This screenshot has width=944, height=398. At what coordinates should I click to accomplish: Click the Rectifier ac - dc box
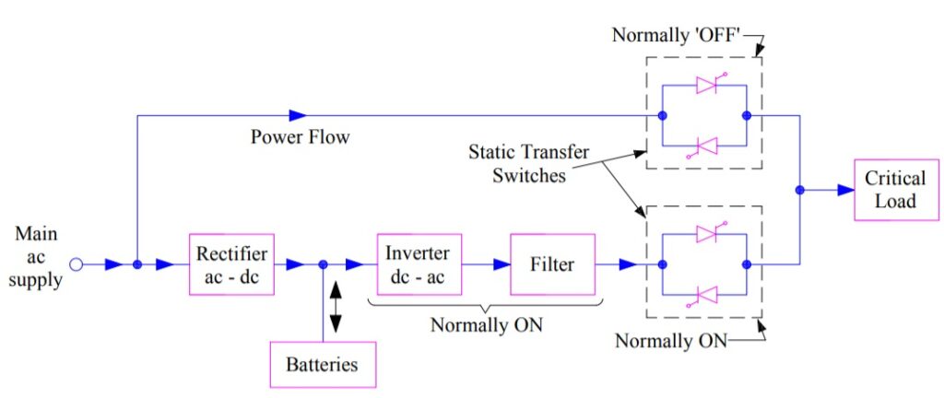point(231,264)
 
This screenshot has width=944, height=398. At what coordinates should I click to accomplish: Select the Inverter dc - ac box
point(419,264)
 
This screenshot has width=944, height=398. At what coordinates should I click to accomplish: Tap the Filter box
point(552,264)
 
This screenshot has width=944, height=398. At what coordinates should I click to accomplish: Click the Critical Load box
point(894,190)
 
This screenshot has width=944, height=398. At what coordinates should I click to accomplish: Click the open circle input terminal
point(77,264)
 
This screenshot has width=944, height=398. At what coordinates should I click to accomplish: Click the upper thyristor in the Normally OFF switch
point(706,86)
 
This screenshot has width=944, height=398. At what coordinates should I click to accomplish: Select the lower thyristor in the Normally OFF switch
point(706,145)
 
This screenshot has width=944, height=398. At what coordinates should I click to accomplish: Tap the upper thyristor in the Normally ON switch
point(706,234)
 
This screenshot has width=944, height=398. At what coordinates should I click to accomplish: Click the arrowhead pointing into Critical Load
point(844,190)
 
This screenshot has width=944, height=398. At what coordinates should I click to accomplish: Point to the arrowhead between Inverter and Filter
point(500,264)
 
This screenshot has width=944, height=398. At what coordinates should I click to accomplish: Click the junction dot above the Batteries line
point(324,264)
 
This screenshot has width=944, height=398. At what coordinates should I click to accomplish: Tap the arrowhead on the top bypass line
point(297,115)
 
